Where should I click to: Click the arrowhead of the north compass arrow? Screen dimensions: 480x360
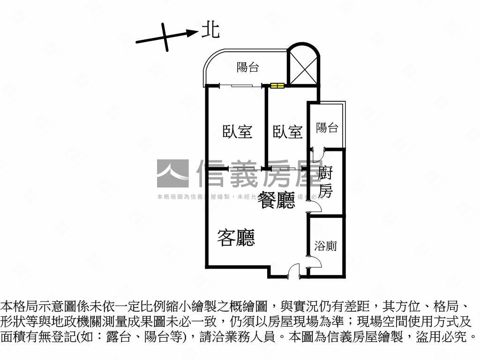193,32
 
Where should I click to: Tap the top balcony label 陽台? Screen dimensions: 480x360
247,67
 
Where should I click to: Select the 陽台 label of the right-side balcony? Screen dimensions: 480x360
327,127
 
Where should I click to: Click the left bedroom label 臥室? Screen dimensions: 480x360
237,132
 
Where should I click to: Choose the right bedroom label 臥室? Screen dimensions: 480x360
287,132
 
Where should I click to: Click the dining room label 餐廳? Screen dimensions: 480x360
277,201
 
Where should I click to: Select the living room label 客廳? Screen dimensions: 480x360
236,238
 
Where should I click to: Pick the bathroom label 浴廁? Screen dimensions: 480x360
325,246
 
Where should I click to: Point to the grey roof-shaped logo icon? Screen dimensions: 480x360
173,174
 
